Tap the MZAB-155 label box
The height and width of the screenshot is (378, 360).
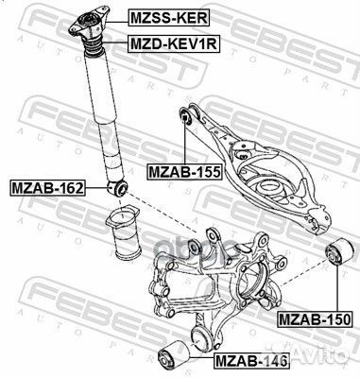pos(183,172)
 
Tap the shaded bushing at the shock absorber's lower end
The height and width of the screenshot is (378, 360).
pos(120,187)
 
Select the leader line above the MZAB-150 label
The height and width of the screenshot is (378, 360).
pos(334,288)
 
